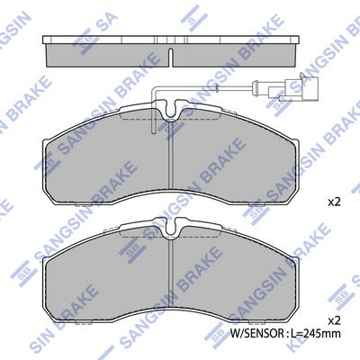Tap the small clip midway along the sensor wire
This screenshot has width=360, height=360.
click(x=216, y=88)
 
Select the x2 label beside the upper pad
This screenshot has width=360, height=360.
click(x=334, y=202)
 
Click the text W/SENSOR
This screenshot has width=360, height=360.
click(x=256, y=333)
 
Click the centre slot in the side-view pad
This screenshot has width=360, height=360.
click(x=171, y=57)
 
